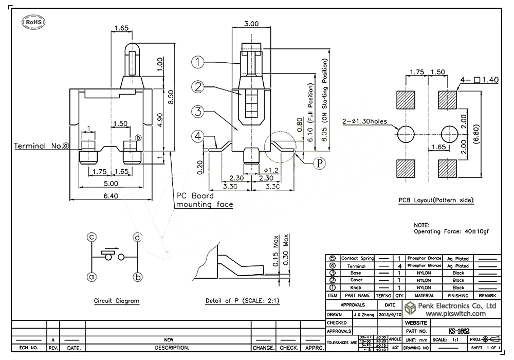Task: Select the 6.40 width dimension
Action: pos(111,195)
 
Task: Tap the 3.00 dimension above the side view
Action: pos(251,24)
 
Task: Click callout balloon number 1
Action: pos(198,62)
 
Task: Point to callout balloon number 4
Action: pos(198,137)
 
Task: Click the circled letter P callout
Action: pos(320,163)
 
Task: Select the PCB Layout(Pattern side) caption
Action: pos(435,200)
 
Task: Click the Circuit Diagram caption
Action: pos(117,300)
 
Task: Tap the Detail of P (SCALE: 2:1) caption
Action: pos(242,300)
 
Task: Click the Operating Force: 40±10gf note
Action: pos(451,231)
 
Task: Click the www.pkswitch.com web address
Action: pos(454,313)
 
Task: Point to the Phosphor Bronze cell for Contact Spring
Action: pos(424,258)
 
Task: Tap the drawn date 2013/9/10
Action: pos(390,314)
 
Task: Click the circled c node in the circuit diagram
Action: pos(91,237)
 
